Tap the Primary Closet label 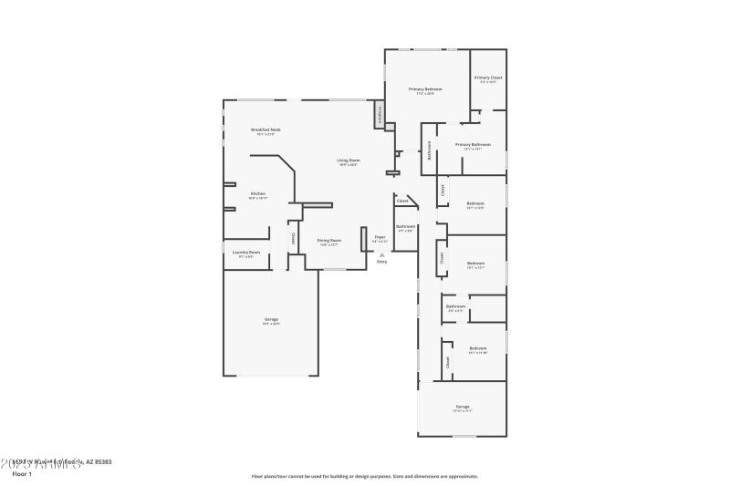click(x=488, y=78)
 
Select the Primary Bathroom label click(x=474, y=145)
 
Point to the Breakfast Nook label click(x=266, y=130)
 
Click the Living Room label click(x=349, y=160)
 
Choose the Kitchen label click(x=258, y=194)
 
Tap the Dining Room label click(x=329, y=241)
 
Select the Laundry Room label click(x=246, y=253)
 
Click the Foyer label click(x=380, y=237)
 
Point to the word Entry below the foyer click(x=381, y=262)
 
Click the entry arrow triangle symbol click(x=381, y=254)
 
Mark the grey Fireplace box click(x=378, y=116)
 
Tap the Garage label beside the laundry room click(x=271, y=320)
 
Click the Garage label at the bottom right click(x=463, y=407)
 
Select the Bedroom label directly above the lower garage click(x=478, y=348)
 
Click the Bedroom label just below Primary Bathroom click(x=475, y=203)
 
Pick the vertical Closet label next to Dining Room click(x=294, y=238)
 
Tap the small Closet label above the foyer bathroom click(x=401, y=201)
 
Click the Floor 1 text click(x=22, y=474)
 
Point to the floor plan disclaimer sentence click(x=365, y=476)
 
